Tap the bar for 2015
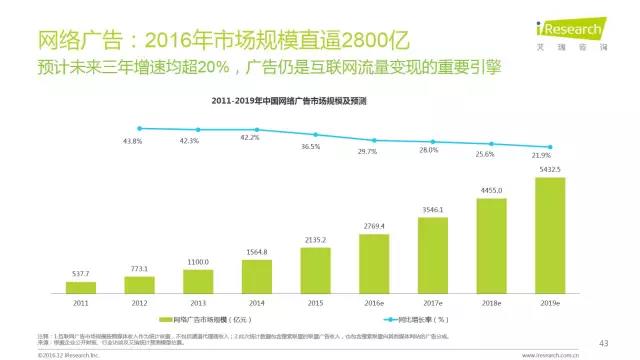(x=315, y=268)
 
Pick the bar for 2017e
(x=433, y=251)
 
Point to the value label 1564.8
(x=256, y=251)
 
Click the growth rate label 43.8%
(x=132, y=141)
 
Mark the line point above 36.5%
(x=315, y=134)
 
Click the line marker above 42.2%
(x=256, y=130)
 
